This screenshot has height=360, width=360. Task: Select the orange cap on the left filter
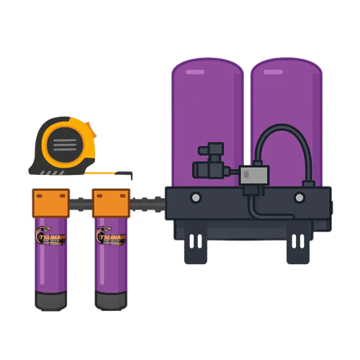[x=50, y=202]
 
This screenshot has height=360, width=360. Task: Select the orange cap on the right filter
[x=111, y=202]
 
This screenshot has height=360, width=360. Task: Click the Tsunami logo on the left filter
[x=50, y=238]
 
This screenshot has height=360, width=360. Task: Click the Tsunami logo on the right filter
[x=111, y=238]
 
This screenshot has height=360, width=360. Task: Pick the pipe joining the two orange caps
[x=81, y=202]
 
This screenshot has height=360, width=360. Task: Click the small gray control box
[x=253, y=176]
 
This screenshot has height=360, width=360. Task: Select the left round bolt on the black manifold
[x=195, y=197]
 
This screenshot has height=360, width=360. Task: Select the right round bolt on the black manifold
[x=300, y=197]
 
